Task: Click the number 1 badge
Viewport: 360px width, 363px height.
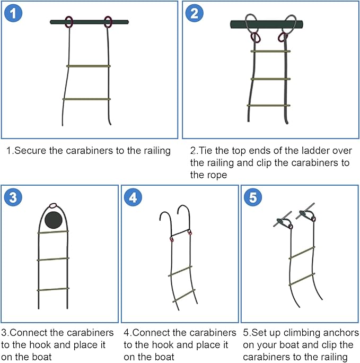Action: [x=13, y=13]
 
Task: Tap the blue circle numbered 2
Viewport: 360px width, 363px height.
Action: [x=194, y=13]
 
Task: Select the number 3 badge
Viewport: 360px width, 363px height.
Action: [x=13, y=197]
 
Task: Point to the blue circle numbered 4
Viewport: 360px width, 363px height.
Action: [x=133, y=197]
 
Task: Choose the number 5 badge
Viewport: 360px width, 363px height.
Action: [x=253, y=197]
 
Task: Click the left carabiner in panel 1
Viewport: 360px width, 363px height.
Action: [x=68, y=22]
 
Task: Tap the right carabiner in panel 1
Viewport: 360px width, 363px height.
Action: [x=108, y=22]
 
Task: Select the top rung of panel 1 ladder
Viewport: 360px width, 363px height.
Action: [x=89, y=66]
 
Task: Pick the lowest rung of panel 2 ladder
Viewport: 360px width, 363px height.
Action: [x=269, y=105]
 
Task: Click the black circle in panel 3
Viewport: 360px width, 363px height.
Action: [x=53, y=220]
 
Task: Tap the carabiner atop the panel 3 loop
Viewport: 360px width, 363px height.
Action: [x=52, y=205]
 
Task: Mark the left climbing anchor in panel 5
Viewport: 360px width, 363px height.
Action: [x=283, y=220]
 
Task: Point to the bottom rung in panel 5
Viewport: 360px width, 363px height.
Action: [x=302, y=278]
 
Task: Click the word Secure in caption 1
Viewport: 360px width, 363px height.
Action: [x=29, y=151]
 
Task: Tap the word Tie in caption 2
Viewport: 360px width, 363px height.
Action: [x=206, y=151]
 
